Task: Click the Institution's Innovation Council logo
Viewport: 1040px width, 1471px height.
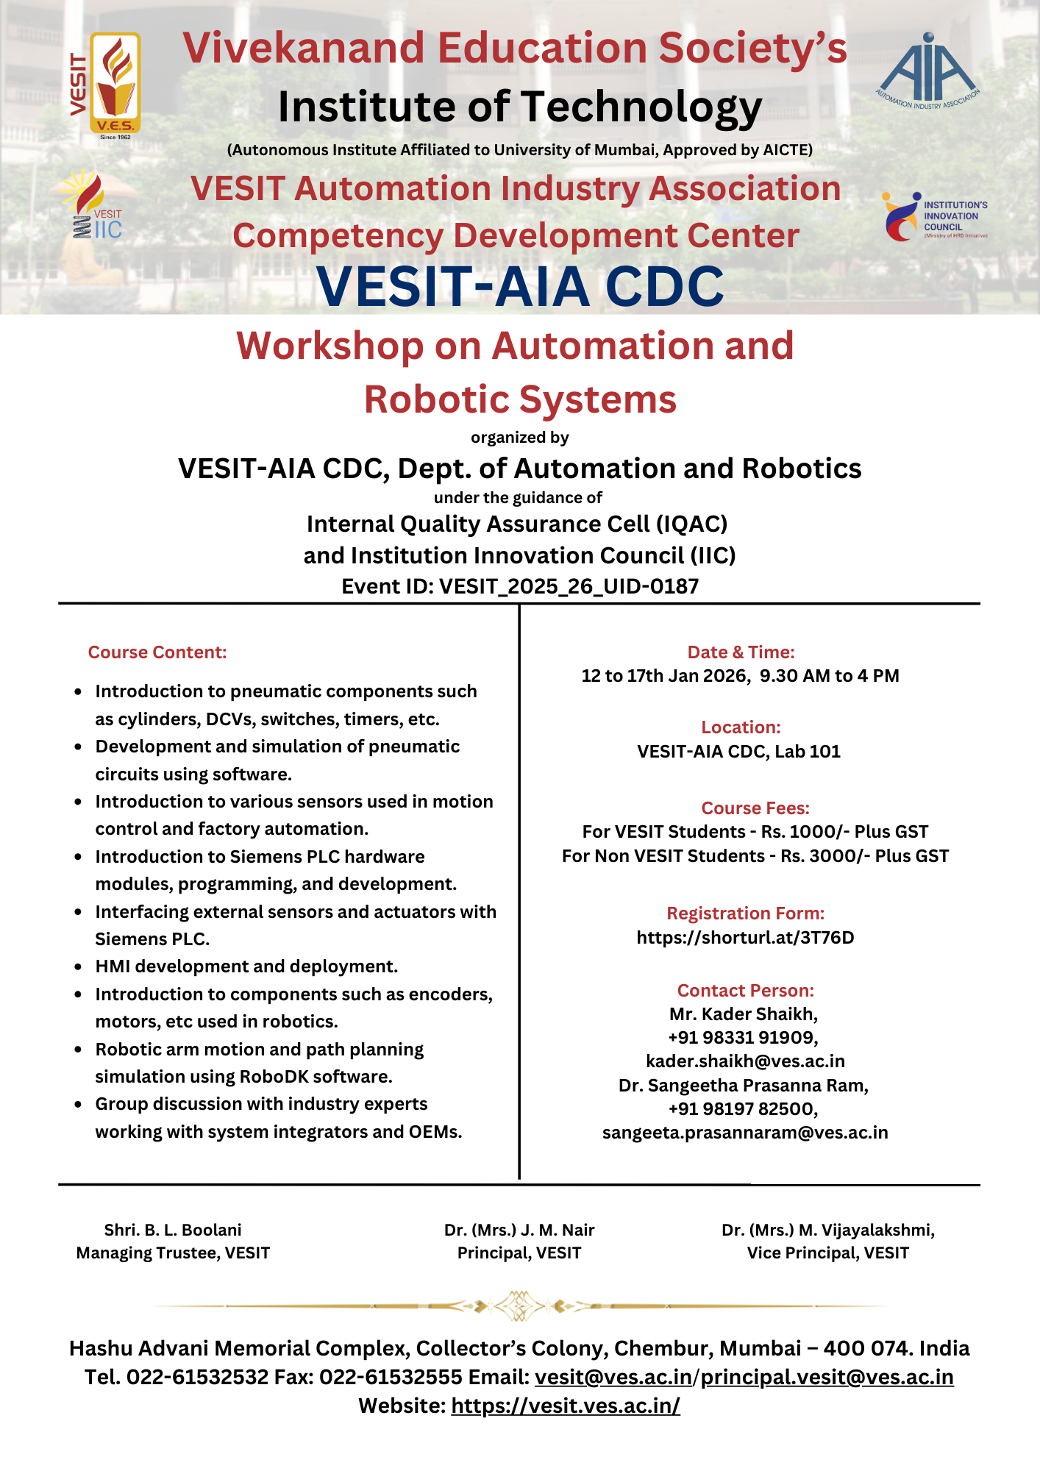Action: click(934, 217)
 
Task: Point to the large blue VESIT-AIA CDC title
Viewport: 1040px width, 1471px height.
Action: click(520, 286)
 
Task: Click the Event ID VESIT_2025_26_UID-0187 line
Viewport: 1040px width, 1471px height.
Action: click(520, 586)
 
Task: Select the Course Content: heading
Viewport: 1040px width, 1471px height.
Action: click(157, 652)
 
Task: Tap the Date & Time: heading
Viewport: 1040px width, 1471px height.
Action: click(741, 652)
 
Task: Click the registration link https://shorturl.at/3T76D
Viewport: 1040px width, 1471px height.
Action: click(745, 937)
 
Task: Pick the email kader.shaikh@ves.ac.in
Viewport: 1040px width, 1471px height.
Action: click(745, 1061)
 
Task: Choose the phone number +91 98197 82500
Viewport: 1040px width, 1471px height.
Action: click(743, 1108)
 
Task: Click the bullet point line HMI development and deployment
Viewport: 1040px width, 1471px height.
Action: click(246, 966)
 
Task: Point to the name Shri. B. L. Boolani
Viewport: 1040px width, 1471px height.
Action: click(173, 1230)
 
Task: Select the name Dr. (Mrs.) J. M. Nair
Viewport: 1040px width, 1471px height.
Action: click(519, 1230)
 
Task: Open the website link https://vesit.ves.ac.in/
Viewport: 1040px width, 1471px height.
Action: click(566, 1406)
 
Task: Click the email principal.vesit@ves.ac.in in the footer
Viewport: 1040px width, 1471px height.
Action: click(827, 1377)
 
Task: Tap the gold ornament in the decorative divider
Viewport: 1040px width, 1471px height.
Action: click(520, 1306)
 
